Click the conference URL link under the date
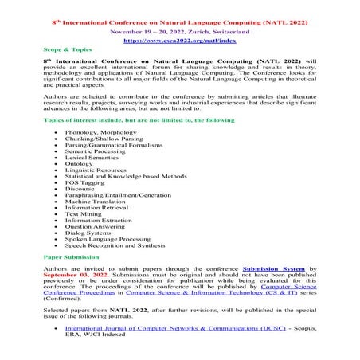click(179, 38)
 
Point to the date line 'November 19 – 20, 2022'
click(179, 27)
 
